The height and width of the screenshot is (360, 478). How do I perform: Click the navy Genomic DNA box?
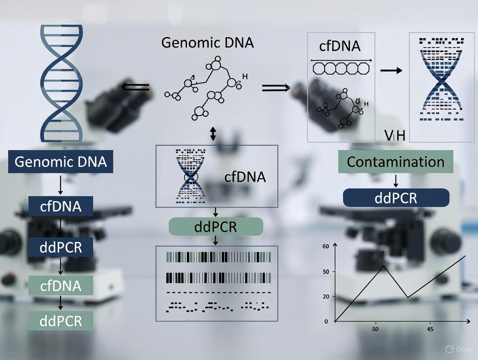pyautogui.click(x=61, y=162)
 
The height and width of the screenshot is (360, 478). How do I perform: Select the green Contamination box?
pyautogui.click(x=395, y=162)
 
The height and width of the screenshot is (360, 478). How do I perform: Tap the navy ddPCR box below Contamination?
pyautogui.click(x=396, y=198)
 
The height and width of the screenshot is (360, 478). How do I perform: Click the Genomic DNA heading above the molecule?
pyautogui.click(x=207, y=43)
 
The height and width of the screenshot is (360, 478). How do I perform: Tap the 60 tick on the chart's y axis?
pyautogui.click(x=326, y=246)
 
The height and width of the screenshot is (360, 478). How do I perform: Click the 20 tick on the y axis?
pyautogui.click(x=326, y=296)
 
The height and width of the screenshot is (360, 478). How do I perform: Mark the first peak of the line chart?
pyautogui.click(x=384, y=265)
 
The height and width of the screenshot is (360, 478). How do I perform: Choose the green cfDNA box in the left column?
pyautogui.click(x=61, y=286)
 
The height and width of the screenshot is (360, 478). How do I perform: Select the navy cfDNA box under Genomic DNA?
pyautogui.click(x=61, y=206)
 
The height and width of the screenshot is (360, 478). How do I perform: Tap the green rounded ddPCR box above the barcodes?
pyautogui.click(x=216, y=227)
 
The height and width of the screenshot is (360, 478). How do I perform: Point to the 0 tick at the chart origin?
pyautogui.click(x=326, y=321)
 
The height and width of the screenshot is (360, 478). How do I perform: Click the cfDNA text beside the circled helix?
pyautogui.click(x=245, y=177)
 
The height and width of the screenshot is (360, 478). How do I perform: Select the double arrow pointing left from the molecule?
pyautogui.click(x=135, y=87)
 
